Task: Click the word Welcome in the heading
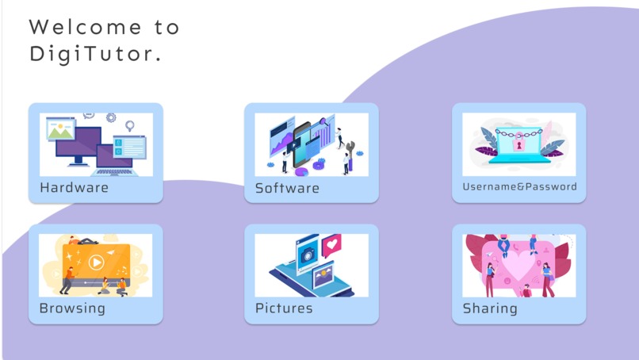click(75, 27)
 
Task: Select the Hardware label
click(74, 188)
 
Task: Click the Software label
click(287, 188)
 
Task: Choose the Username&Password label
click(519, 187)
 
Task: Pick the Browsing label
click(72, 308)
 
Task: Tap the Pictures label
click(284, 308)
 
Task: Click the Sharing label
click(490, 308)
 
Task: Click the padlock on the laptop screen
click(519, 146)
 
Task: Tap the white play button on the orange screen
click(96, 261)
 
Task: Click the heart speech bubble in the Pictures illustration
click(331, 243)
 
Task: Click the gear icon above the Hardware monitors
click(111, 118)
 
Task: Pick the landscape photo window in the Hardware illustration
click(60, 129)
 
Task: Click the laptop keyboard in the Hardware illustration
click(113, 171)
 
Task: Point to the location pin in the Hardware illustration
click(130, 125)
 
